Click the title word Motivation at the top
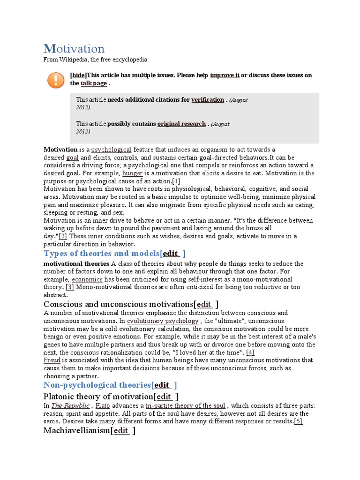tap(74, 48)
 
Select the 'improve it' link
tap(225, 75)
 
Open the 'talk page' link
tap(94, 83)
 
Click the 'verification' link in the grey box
tap(208, 99)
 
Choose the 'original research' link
tap(181, 124)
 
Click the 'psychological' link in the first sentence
tap(111, 150)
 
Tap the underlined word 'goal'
tap(72, 157)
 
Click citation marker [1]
tap(176, 181)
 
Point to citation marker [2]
tap(62, 236)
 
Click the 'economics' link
tap(87, 279)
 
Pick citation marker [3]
tap(70, 287)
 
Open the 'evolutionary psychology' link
tap(163, 321)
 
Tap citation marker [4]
tap(250, 352)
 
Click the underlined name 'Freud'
tap(52, 360)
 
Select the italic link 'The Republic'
tap(70, 405)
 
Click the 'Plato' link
tap(103, 405)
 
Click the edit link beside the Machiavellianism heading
tap(121, 430)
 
